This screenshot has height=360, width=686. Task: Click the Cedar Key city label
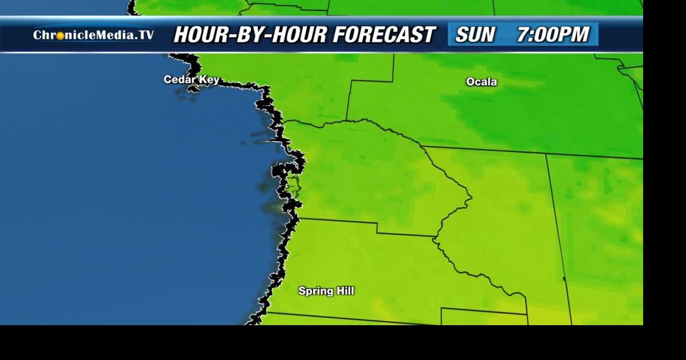191,80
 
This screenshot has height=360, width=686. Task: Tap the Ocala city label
481,82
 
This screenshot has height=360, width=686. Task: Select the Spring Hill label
326,291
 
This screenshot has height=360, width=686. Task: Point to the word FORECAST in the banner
384,35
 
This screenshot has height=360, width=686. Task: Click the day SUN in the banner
475,35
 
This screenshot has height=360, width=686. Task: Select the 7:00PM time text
553,35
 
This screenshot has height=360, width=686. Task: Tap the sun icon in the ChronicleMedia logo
61,35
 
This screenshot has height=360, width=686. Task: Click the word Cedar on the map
178,80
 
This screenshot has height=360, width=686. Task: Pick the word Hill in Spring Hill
344,291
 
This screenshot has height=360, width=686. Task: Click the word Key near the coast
208,80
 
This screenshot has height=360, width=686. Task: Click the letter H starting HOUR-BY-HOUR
181,35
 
